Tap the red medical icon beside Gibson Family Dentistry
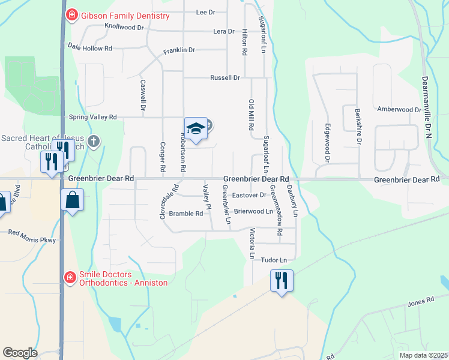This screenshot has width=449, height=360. click(x=71, y=14)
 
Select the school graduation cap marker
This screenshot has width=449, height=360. click(x=196, y=128)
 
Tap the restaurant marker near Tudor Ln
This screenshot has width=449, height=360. click(x=282, y=280)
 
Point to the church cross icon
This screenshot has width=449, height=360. click(x=93, y=142)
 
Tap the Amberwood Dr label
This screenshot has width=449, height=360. click(x=399, y=110)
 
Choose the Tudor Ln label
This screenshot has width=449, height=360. click(x=274, y=260)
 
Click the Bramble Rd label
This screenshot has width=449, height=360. click(x=185, y=213)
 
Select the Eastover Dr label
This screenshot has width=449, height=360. click(x=249, y=195)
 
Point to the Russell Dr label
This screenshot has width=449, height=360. click(x=224, y=78)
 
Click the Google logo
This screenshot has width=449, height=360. click(x=20, y=353)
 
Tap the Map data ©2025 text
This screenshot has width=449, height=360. click(x=423, y=355)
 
